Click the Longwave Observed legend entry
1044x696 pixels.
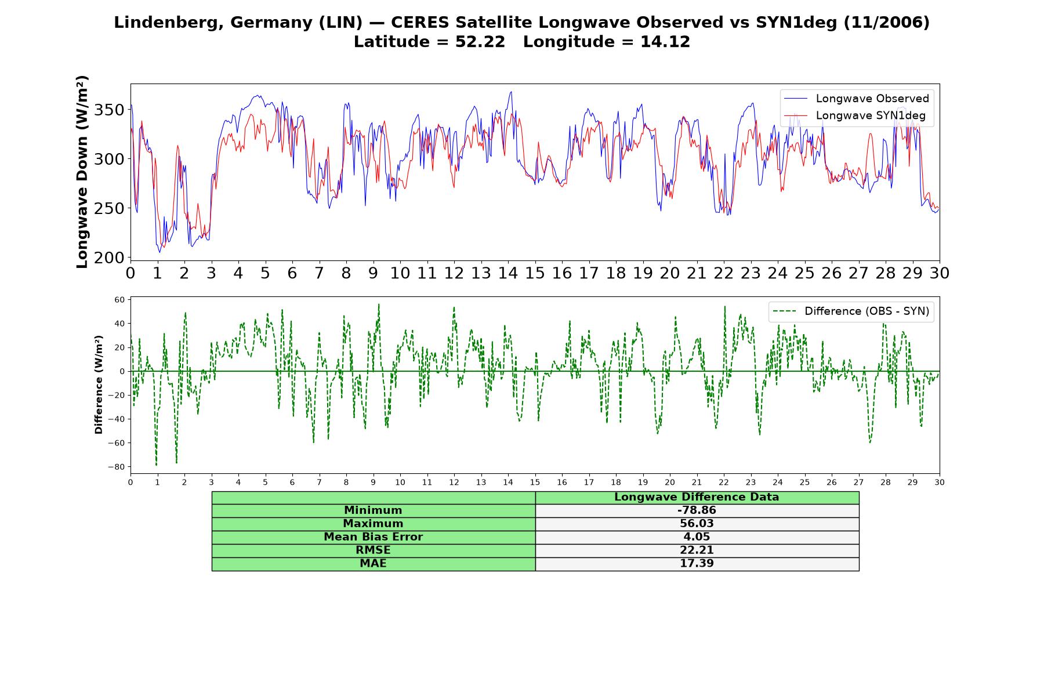coord(856,99)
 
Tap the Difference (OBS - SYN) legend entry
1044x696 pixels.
coord(851,311)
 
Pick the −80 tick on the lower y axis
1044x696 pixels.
coord(116,467)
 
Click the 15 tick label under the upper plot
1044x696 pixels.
coord(535,273)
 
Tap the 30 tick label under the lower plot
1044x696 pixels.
coord(940,482)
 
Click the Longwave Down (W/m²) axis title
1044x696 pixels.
coord(82,172)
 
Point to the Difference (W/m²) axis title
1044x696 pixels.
coord(99,385)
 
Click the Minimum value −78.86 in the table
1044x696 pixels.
coord(697,510)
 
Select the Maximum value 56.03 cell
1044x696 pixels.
coord(697,524)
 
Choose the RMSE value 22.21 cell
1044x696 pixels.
coord(697,550)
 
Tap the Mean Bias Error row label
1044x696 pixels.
coord(373,537)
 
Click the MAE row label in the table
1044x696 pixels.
coord(373,564)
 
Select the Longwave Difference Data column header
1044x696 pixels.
coord(697,497)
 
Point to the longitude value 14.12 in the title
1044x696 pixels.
coord(665,42)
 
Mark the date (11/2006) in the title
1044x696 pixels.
coord(886,23)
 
